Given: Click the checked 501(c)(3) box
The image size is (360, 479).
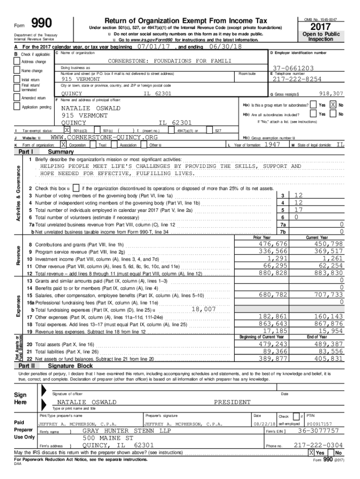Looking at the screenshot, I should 67,131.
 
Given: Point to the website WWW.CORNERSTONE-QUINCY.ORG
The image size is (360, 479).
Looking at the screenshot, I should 104,138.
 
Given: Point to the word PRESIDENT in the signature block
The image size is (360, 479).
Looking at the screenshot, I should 232,402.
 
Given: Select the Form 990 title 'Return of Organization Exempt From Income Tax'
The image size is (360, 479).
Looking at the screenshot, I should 186,21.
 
